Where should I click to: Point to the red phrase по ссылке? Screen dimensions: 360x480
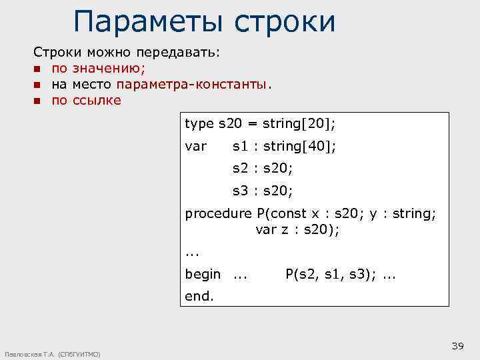[86, 101]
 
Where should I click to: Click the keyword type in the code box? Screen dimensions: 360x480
[199, 124]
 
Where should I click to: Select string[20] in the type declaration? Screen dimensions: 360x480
[299, 124]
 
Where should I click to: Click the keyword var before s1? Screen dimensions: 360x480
[195, 146]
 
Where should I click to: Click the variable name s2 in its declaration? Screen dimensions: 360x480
[240, 169]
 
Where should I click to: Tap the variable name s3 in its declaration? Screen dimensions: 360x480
[240, 191]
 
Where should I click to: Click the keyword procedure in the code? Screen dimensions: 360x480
[218, 214]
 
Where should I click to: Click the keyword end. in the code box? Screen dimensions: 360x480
[199, 296]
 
